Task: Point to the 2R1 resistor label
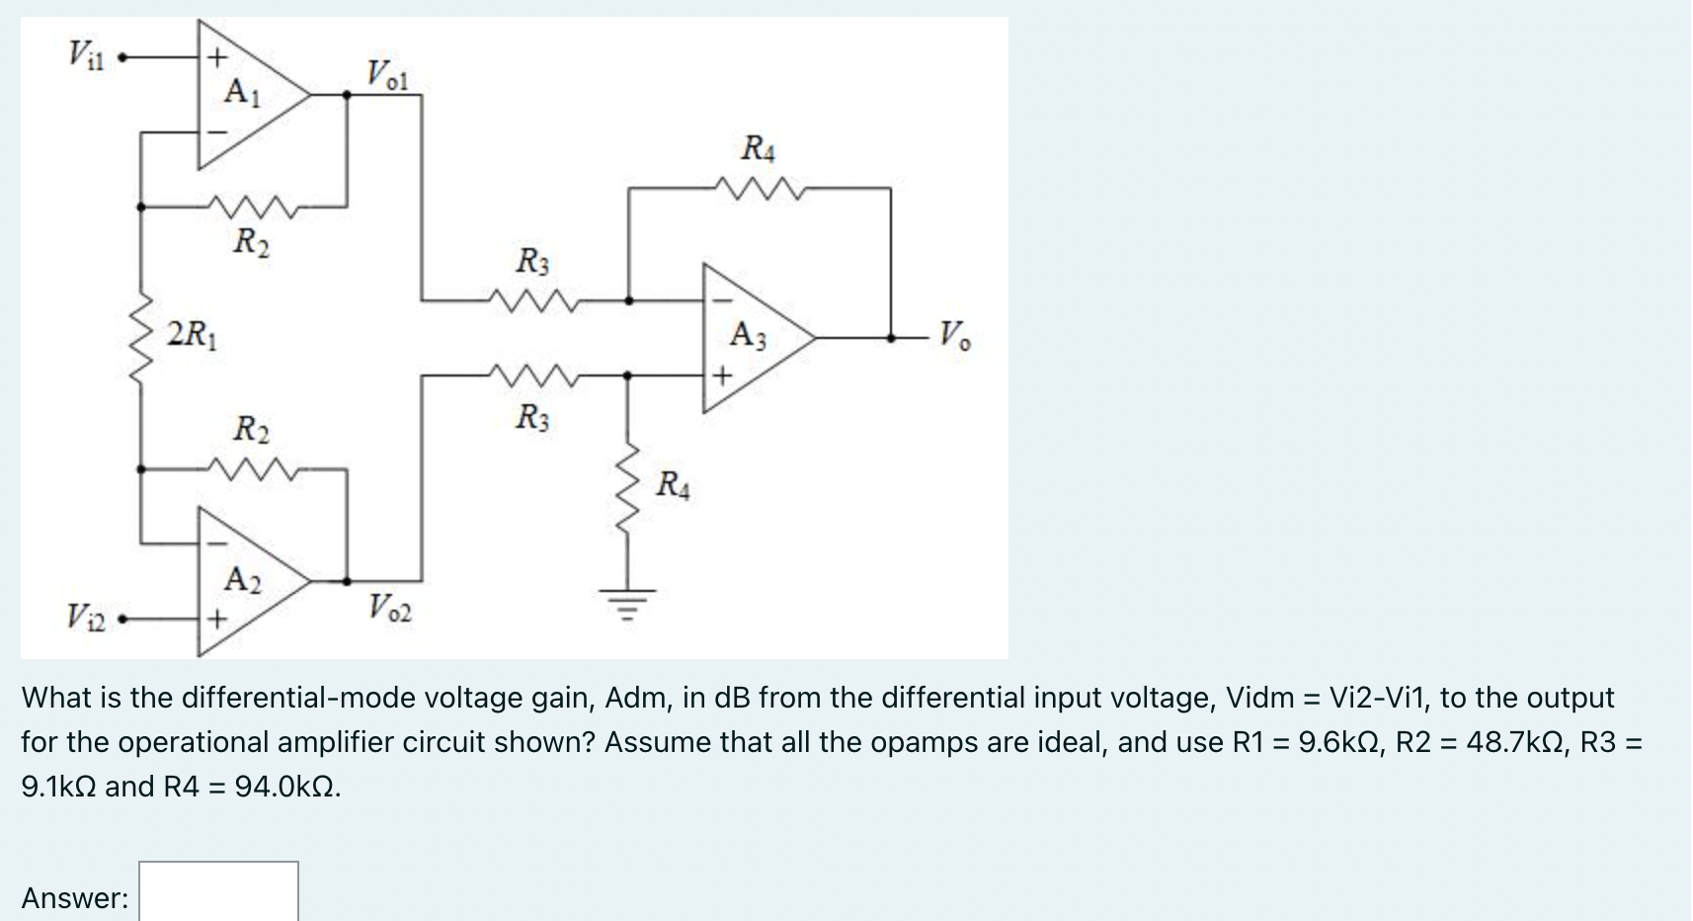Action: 195,333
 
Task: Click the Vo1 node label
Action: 387,74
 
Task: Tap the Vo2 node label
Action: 389,606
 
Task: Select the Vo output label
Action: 954,335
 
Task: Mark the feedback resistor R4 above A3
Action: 758,186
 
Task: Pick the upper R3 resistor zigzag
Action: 533,297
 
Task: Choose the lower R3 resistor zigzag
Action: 533,375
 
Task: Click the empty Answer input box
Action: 218,892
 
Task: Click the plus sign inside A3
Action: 722,377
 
